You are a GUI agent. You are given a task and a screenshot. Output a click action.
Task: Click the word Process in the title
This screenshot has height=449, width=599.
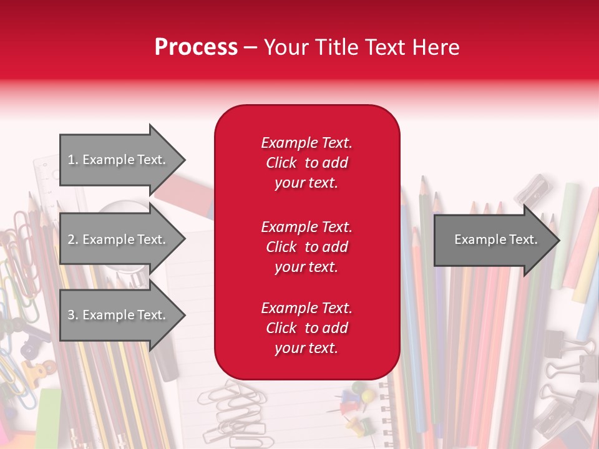196,47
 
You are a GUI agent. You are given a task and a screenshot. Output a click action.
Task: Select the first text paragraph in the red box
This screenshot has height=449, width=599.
306,163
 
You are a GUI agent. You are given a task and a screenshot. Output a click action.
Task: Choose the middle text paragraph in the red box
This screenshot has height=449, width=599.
306,247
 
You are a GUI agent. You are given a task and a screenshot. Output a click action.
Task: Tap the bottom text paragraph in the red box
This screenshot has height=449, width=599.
306,328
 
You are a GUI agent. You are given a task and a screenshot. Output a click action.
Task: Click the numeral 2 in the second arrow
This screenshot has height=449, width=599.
71,239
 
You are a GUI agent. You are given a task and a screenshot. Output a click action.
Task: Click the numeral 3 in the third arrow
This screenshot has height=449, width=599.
71,315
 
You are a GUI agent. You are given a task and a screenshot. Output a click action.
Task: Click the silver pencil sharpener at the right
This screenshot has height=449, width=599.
530,188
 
